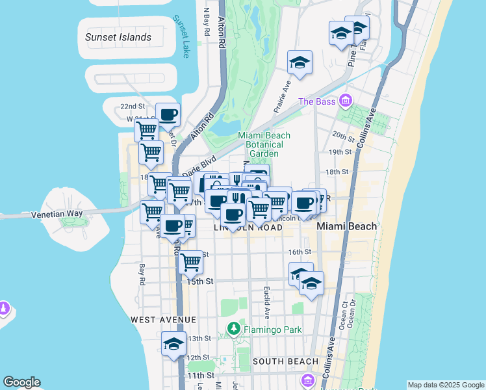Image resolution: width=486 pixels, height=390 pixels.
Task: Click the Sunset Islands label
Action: (x=118, y=37)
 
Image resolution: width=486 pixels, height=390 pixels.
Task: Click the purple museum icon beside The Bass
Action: (x=344, y=101)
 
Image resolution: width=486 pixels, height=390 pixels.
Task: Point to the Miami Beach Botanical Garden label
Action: (x=264, y=144)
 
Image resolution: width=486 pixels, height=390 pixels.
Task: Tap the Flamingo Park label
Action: (x=273, y=330)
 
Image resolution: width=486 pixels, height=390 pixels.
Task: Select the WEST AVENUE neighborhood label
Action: (x=163, y=320)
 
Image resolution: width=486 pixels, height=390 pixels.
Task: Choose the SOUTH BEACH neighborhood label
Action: (x=285, y=361)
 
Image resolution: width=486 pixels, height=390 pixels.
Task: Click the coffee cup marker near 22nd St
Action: (x=168, y=115)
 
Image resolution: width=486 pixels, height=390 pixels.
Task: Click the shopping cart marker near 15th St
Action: (x=190, y=262)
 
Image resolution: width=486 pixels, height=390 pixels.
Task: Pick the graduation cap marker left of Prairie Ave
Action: (x=300, y=62)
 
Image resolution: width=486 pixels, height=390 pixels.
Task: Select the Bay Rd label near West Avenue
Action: (x=140, y=275)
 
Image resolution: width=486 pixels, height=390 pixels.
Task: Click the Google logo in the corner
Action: (x=21, y=382)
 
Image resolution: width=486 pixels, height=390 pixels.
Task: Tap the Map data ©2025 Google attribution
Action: (x=445, y=385)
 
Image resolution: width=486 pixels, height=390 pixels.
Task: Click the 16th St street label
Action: (x=300, y=252)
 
